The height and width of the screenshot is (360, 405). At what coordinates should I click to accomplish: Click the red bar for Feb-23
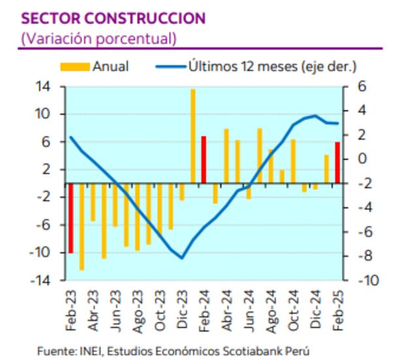click(70, 218)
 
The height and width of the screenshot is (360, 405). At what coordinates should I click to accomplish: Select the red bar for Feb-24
click(204, 159)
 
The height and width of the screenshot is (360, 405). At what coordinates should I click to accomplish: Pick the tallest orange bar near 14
click(193, 136)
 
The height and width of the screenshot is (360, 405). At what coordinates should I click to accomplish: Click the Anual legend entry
click(94, 67)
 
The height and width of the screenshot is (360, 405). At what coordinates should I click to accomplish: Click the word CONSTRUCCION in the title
click(142, 18)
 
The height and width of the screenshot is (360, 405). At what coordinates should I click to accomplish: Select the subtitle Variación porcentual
click(99, 38)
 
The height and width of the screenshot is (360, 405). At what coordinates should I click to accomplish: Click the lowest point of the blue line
click(182, 257)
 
